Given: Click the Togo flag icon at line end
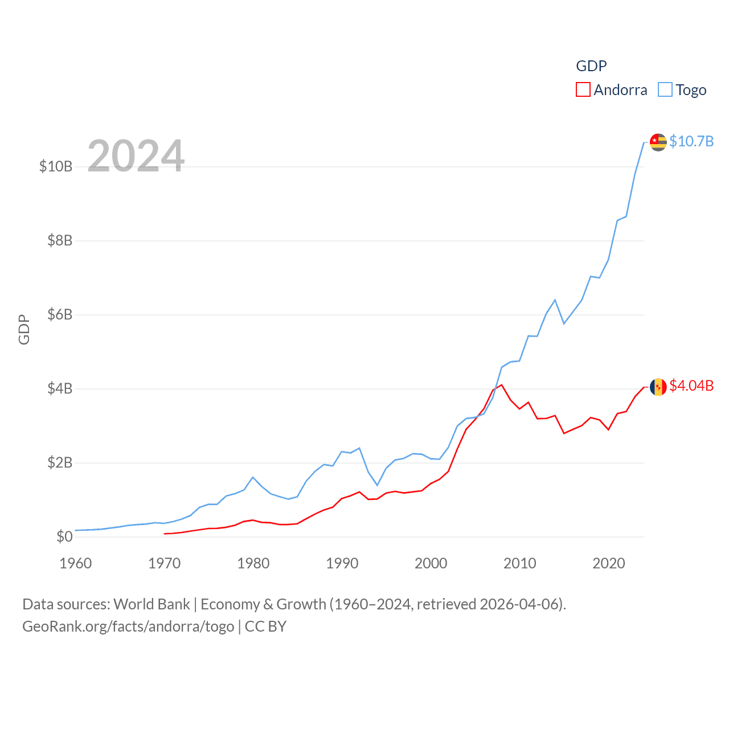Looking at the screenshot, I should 658,142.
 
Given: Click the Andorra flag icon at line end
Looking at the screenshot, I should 658,387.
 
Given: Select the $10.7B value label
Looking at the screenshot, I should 691,141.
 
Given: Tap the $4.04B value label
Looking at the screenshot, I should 691,386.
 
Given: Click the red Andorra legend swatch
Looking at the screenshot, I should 583,90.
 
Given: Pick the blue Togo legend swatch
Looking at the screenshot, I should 665,90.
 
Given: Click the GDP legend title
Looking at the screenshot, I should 591,66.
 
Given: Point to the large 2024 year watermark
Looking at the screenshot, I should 136,155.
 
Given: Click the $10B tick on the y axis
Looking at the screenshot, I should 56,166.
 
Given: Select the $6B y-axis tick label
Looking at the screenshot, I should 60,314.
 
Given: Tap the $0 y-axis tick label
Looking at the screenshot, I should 64,536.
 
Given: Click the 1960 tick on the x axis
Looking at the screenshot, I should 76,563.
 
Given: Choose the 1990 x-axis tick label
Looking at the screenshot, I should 342,563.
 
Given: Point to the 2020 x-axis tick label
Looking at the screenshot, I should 609,563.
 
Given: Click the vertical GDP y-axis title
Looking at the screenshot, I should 24,329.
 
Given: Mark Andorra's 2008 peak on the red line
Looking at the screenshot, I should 502,385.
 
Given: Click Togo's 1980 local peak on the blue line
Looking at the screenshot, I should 253,477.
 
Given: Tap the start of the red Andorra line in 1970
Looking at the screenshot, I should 165,534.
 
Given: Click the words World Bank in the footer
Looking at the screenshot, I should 151,604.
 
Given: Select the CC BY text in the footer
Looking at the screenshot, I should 265,626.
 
